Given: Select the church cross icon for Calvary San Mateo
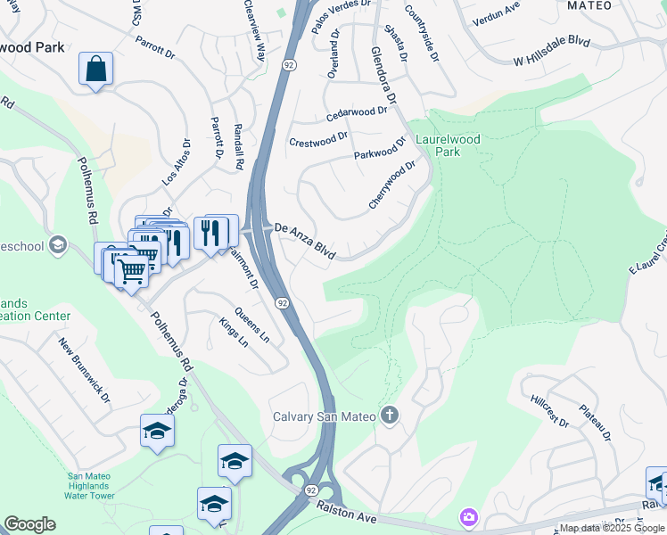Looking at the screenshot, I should (x=389, y=415).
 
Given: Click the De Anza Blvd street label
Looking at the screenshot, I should (x=304, y=241).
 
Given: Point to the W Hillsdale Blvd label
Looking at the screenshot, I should (x=553, y=52).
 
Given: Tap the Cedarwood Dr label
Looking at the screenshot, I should (x=357, y=113).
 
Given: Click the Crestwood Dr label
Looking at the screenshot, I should (x=317, y=140).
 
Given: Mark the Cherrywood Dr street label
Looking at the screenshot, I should (x=393, y=185).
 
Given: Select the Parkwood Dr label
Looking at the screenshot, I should (x=380, y=153).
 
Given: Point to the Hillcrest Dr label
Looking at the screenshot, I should (x=548, y=411).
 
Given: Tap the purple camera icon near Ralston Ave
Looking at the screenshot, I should (x=468, y=517).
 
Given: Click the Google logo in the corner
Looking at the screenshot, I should (x=29, y=524).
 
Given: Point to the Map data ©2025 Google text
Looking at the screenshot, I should (x=612, y=528).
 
